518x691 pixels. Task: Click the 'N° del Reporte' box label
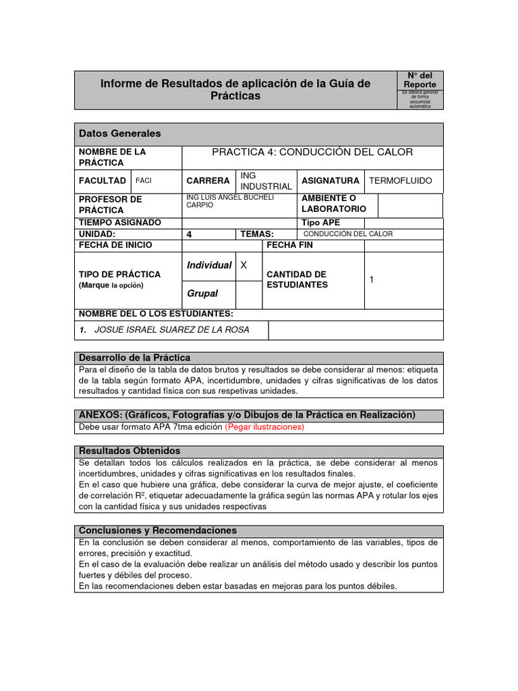pos(420,80)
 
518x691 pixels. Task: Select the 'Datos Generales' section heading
pos(120,134)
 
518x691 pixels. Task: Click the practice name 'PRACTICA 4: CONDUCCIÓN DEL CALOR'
pos(312,152)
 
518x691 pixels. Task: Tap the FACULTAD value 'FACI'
pos(144,181)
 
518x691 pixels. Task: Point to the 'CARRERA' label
pos(208,181)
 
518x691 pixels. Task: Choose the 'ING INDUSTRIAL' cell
pos(266,181)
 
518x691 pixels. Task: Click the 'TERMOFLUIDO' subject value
pos(401,181)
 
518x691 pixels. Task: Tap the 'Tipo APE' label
pos(321,223)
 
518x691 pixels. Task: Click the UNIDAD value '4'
pos(190,234)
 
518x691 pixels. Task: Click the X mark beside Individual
pos(243,266)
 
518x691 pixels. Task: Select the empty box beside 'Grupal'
pos(249,294)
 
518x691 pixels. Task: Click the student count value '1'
pos(372,279)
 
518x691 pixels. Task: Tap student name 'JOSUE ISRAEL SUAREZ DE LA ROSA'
pos(172,330)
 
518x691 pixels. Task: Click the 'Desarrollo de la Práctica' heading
pos(135,358)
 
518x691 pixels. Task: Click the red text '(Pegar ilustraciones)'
pos(264,427)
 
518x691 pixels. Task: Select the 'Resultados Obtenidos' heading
pos(129,451)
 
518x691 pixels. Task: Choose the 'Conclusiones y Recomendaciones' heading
pos(158,531)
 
